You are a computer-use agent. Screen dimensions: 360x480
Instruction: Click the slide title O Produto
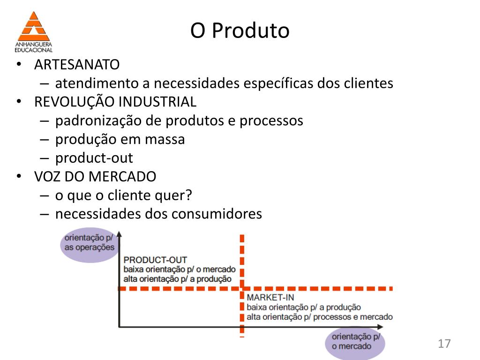tap(240, 31)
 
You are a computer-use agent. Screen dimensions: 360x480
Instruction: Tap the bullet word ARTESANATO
tap(77, 64)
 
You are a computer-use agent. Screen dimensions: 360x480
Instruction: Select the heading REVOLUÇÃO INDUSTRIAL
tap(115, 102)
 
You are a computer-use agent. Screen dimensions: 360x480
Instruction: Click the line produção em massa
tap(120, 139)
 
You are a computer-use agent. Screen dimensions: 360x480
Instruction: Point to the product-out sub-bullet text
tap(94, 158)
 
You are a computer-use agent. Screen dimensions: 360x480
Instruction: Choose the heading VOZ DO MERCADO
tap(95, 177)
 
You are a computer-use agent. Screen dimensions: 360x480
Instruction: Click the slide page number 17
tap(444, 344)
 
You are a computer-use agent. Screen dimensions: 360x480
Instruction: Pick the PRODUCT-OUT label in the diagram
tap(155, 260)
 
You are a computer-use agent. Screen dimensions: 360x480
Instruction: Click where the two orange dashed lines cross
tap(242, 288)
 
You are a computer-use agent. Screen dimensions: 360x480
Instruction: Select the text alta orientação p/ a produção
tap(177, 279)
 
